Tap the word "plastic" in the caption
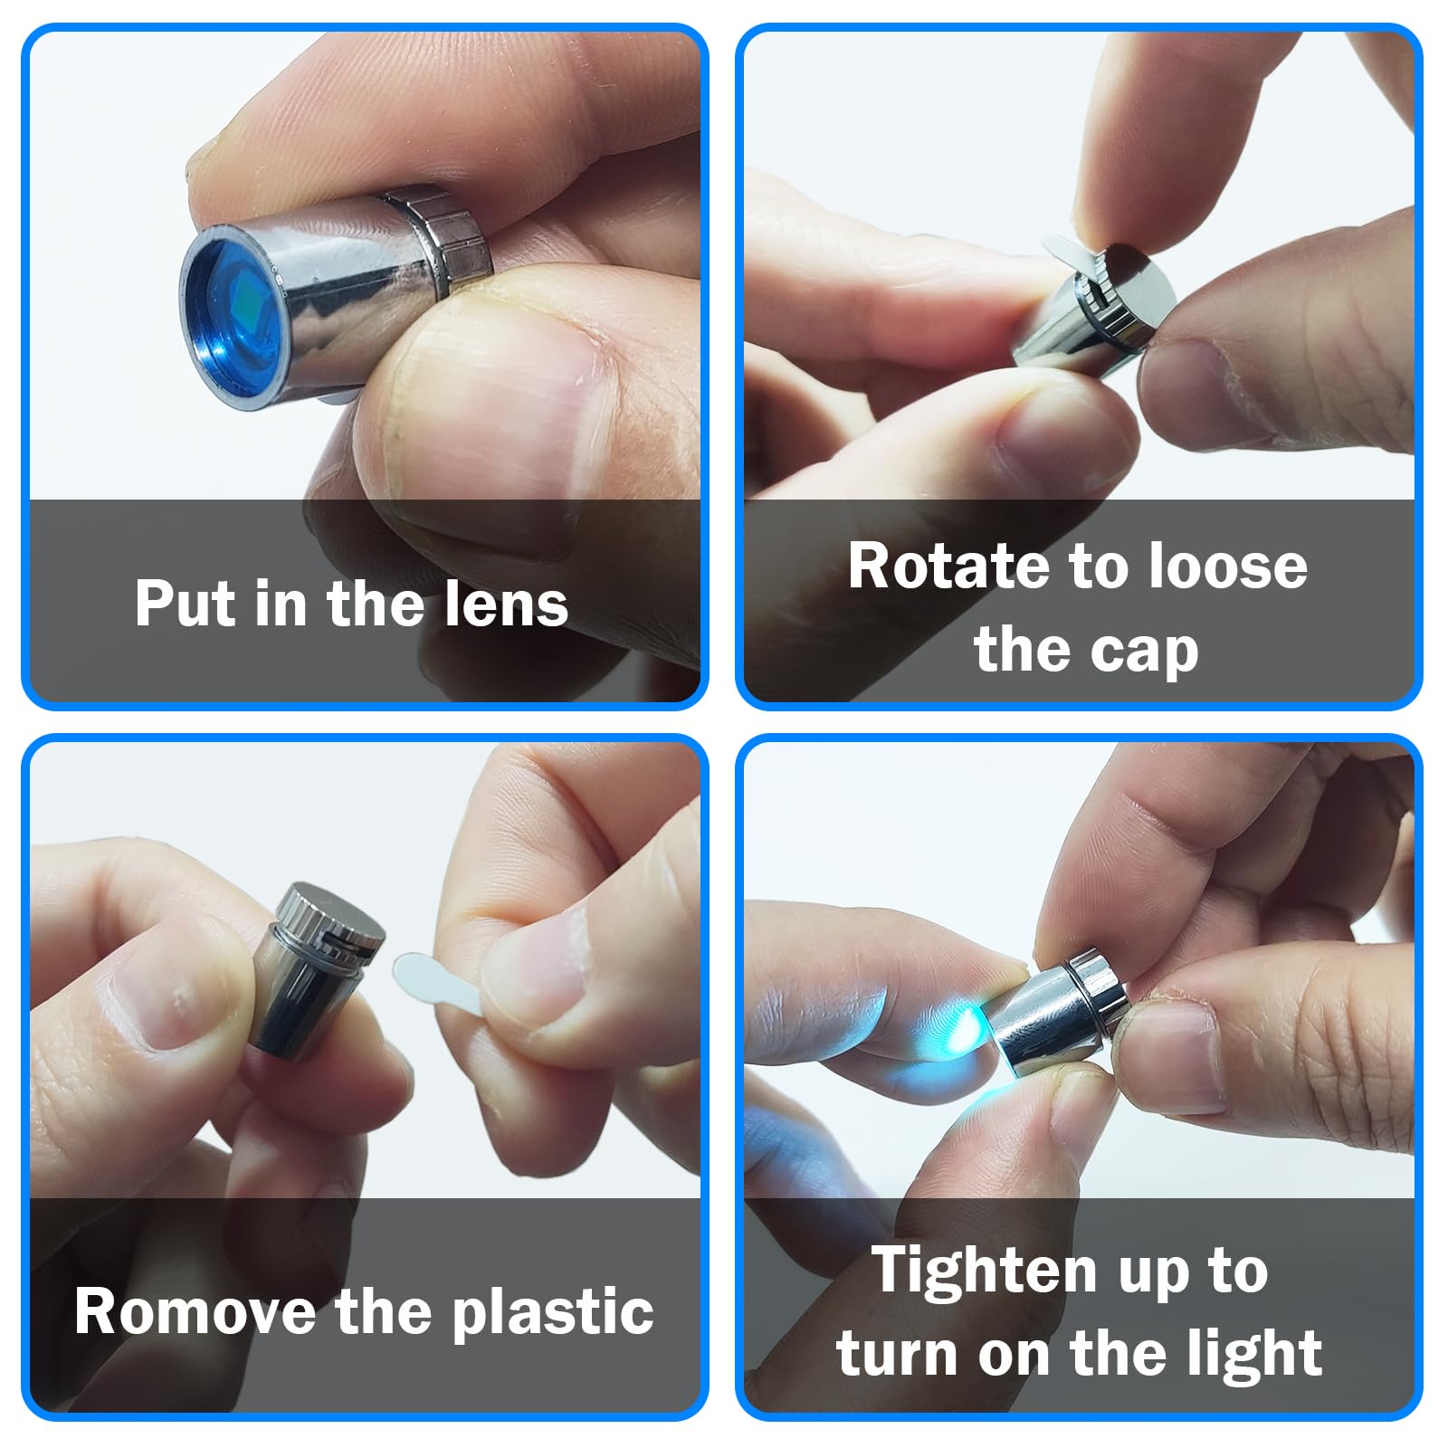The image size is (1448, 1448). click(553, 1313)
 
